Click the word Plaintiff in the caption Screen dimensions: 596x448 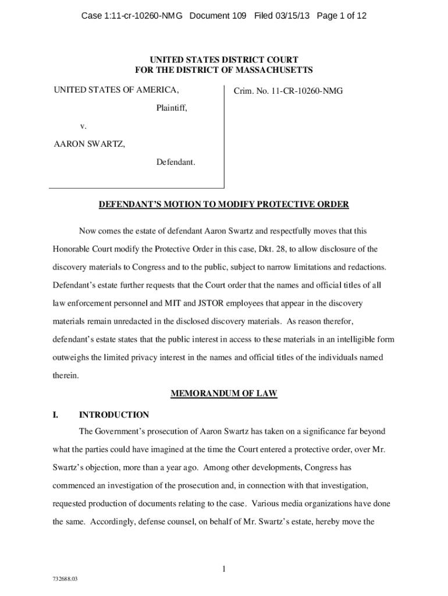point(171,108)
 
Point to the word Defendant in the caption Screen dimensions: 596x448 point(175,161)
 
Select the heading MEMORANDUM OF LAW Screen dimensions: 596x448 point(223,394)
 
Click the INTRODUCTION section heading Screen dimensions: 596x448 point(114,415)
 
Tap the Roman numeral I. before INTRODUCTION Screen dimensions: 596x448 point(55,415)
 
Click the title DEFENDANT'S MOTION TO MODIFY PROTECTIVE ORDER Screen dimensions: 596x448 point(223,205)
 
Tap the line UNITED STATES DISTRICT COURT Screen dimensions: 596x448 point(223,60)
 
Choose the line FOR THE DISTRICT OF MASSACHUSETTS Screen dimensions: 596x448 point(223,70)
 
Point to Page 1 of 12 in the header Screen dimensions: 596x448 point(342,16)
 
